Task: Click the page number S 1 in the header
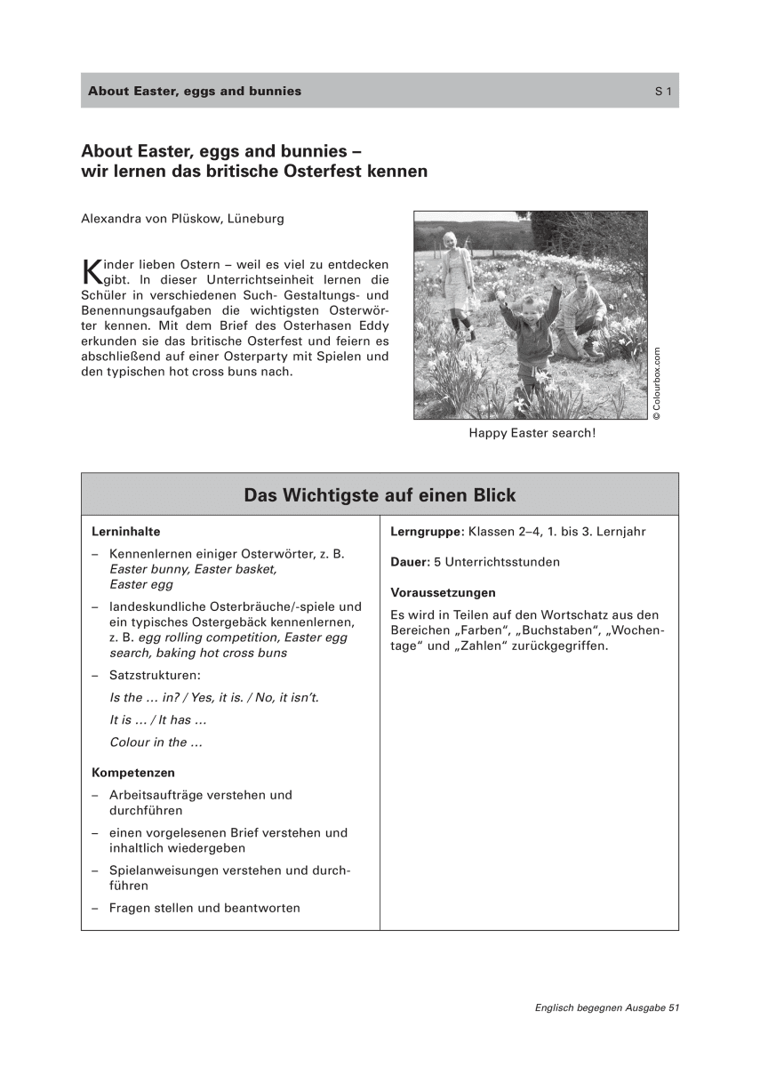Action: (663, 91)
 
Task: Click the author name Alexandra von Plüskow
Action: (151, 218)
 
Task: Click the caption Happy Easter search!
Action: (532, 434)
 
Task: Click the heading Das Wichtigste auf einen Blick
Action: (380, 495)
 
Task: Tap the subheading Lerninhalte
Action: (125, 532)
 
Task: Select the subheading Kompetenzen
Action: (133, 772)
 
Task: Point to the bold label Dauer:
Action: (409, 562)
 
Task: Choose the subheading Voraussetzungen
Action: (443, 592)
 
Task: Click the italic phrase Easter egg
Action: (141, 585)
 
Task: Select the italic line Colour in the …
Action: (149, 742)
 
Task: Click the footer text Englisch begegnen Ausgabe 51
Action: (607, 1007)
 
